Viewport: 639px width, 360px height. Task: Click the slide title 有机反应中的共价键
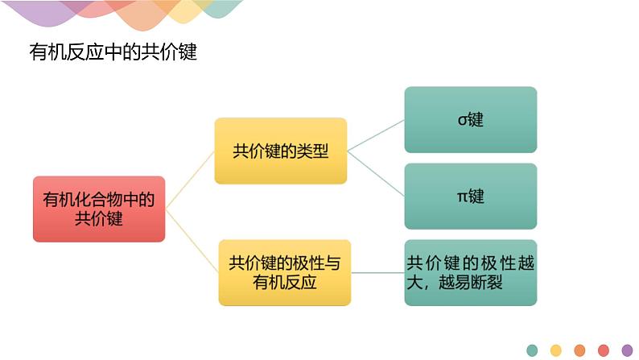tap(113, 53)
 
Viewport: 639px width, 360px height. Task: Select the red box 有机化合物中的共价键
tap(99, 209)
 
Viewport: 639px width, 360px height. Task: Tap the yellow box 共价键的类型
tap(280, 151)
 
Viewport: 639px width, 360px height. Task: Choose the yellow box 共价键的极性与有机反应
tap(284, 272)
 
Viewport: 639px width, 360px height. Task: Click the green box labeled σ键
tap(470, 120)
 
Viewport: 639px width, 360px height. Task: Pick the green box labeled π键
tap(470, 197)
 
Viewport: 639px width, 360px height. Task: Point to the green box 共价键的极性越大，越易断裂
tap(470, 272)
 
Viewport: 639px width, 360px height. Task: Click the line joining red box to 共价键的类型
tap(190, 180)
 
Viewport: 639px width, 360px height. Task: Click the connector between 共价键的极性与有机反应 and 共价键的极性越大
tap(377, 272)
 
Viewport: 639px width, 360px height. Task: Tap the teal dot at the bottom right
tap(532, 350)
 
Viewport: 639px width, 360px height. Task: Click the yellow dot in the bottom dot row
tap(555, 350)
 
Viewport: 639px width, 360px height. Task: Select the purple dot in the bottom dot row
tap(627, 350)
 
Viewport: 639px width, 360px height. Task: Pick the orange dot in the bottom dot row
tap(579, 350)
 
